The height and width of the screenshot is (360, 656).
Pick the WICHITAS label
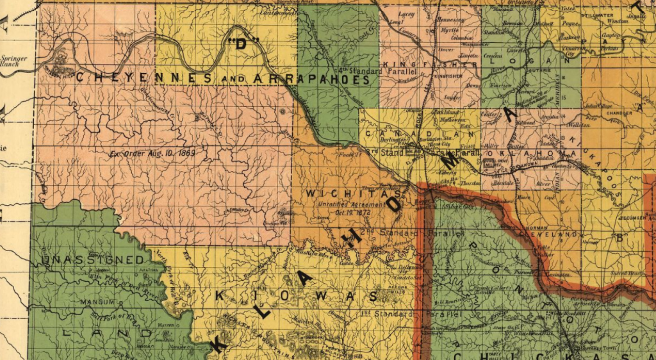354,193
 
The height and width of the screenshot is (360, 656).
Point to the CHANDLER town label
619,114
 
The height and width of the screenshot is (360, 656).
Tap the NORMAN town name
537,227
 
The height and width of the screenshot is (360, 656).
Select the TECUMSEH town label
633,217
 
